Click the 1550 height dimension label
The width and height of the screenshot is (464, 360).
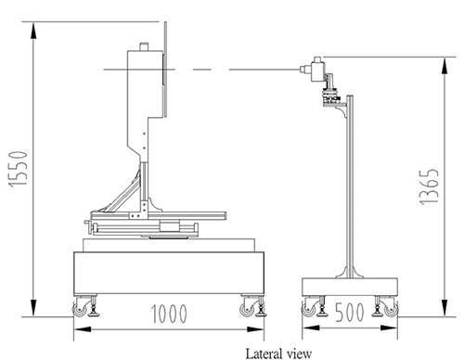click(x=19, y=169)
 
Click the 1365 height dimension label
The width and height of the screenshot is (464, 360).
click(x=429, y=186)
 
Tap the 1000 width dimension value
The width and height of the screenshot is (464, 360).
click(x=169, y=314)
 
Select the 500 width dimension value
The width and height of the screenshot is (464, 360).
click(x=350, y=313)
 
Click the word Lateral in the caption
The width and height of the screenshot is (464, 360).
click(x=264, y=354)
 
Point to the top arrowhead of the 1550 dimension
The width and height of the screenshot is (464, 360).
click(x=33, y=30)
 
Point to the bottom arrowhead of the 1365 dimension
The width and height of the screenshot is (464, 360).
click(x=445, y=308)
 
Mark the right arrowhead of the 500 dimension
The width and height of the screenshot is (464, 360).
click(x=389, y=328)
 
